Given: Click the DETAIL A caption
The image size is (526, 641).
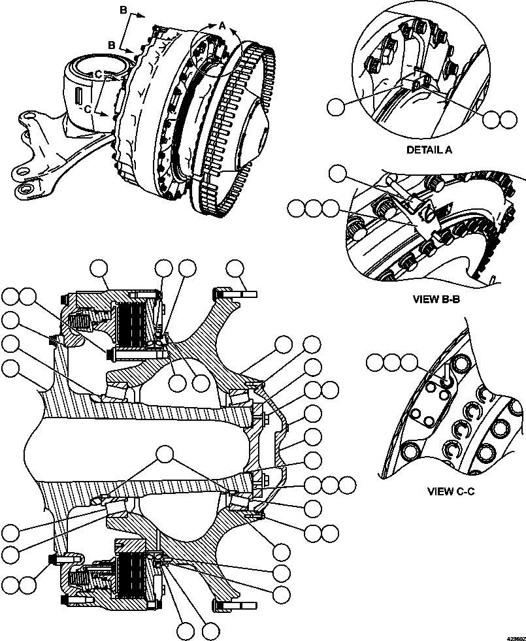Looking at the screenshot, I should pos(429,150).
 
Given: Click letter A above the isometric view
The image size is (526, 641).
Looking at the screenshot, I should pos(222,25).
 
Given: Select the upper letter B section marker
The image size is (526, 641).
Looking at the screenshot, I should pos(123,10).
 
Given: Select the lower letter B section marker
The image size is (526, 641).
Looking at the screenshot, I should pos(112,45).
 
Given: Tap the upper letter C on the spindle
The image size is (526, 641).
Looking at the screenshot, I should pos(98,75).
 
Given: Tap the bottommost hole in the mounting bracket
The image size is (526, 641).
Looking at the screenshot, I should pos(26,189).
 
